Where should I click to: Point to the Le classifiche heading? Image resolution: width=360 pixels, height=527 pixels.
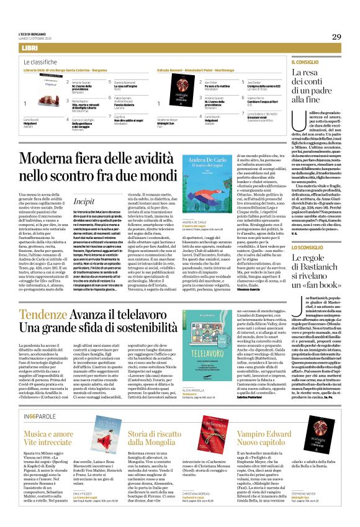click(43, 63)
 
